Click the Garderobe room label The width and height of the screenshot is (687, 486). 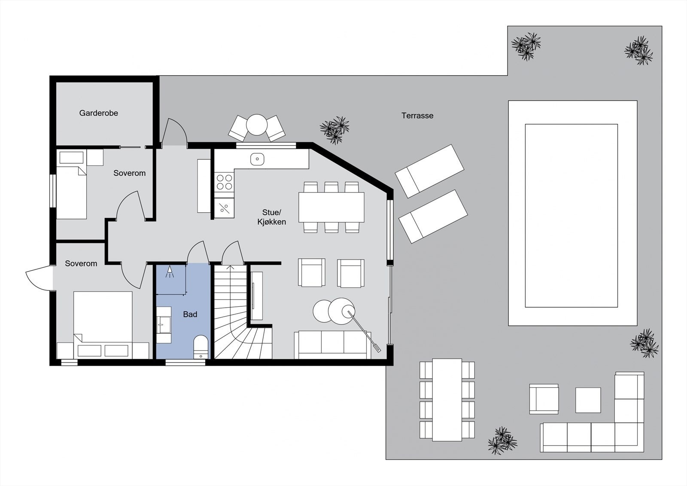[x=98, y=113]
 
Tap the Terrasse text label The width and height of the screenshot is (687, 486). [x=417, y=116]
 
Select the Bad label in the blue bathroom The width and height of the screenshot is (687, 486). [x=190, y=315]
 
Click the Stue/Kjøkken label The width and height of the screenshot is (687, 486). [x=271, y=217]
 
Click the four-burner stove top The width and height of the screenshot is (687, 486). [x=224, y=182]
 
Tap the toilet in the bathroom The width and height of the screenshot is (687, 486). [x=201, y=345]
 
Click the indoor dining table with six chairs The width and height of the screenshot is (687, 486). [x=331, y=207]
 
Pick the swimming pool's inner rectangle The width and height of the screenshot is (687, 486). [x=571, y=216]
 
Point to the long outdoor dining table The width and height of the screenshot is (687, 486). [x=447, y=400]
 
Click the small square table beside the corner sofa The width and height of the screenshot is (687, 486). [x=588, y=400]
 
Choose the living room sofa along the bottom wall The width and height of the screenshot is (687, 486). [x=332, y=345]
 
